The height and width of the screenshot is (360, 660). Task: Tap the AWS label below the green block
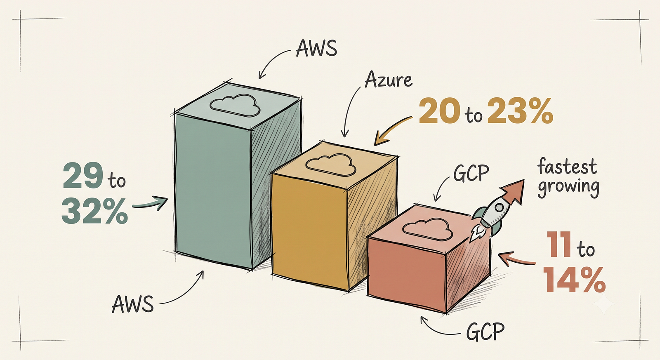click(x=133, y=304)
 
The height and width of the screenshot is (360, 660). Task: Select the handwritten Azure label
click(x=388, y=80)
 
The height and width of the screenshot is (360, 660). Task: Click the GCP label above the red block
click(x=471, y=173)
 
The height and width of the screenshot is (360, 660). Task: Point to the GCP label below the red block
click(x=486, y=332)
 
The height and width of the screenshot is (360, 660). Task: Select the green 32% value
click(x=94, y=211)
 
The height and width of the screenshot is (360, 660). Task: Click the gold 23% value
click(x=520, y=111)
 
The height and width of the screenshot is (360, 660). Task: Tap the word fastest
click(x=567, y=167)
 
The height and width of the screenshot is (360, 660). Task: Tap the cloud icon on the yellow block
click(x=330, y=165)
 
